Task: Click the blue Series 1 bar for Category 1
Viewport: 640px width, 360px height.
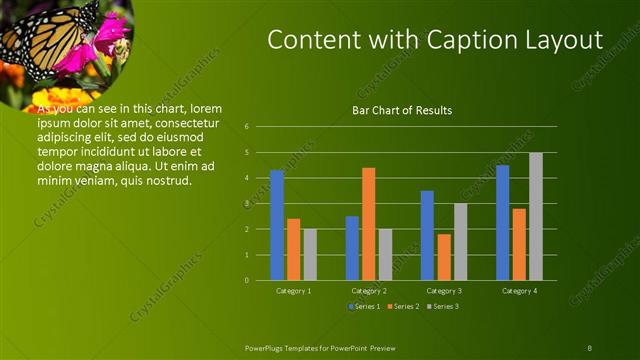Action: (277, 225)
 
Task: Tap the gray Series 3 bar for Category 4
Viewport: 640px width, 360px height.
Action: (536, 216)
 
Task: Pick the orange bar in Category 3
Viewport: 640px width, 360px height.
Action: (444, 257)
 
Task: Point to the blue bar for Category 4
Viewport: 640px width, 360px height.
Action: (503, 222)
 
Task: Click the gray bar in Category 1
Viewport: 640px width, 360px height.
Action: (310, 254)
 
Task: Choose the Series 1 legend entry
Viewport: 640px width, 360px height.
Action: (363, 306)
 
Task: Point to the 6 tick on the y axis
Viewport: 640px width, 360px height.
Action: (260, 127)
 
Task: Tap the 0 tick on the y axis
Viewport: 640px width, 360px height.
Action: (260, 280)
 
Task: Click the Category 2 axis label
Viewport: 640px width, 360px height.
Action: (369, 290)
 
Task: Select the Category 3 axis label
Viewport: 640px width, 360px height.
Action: (444, 290)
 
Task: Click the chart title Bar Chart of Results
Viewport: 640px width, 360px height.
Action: (402, 110)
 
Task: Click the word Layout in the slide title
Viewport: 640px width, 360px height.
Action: (565, 40)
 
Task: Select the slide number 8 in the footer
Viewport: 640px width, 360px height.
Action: (589, 348)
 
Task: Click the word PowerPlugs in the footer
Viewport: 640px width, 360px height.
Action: (265, 348)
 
